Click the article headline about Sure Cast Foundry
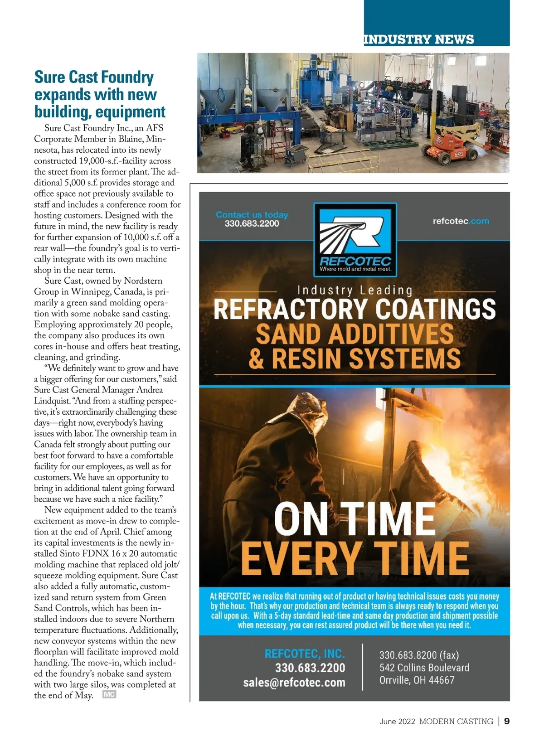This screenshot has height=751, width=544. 100,94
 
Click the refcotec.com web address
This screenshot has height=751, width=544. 461,221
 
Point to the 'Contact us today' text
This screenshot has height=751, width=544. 252,214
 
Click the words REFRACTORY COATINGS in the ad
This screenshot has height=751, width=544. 354,310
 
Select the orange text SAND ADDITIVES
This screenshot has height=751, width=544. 354,334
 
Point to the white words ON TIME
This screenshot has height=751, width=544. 354,519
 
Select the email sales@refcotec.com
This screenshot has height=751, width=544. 294,683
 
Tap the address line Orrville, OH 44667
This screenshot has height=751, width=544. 417,680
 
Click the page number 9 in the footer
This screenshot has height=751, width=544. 507,721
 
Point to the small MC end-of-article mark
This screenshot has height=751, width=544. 109,694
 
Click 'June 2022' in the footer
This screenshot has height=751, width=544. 397,722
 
